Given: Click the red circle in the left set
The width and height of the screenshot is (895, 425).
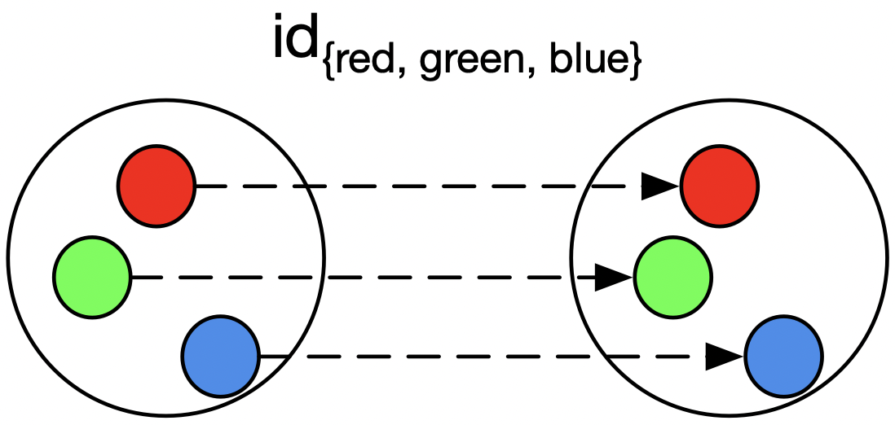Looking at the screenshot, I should click(157, 186).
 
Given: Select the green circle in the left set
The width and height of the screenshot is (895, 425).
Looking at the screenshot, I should click(92, 278).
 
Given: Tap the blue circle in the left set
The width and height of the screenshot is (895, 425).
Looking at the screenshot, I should click(220, 356).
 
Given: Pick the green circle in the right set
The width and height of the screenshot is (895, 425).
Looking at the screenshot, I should click(672, 278).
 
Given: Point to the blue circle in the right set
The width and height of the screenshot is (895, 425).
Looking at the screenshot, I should click(784, 356).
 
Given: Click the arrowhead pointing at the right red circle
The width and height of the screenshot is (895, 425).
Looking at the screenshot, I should click(660, 186).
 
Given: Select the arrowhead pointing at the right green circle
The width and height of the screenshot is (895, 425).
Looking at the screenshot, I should click(613, 278).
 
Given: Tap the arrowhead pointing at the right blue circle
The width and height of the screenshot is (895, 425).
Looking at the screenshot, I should click(725, 356).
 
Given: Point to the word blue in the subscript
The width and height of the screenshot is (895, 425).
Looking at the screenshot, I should click(587, 62).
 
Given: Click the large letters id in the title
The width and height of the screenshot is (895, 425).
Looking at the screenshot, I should click(298, 41).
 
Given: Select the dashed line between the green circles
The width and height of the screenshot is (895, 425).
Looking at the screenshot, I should click(367, 278).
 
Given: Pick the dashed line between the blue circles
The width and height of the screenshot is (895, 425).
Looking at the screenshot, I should click(489, 356).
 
